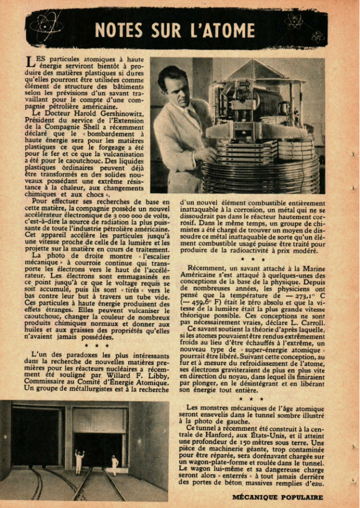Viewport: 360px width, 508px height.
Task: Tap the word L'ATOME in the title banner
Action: tap(221, 30)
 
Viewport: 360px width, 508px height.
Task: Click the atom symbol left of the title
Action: tap(46, 25)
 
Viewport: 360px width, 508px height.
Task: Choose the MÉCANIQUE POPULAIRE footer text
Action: tap(277, 497)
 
